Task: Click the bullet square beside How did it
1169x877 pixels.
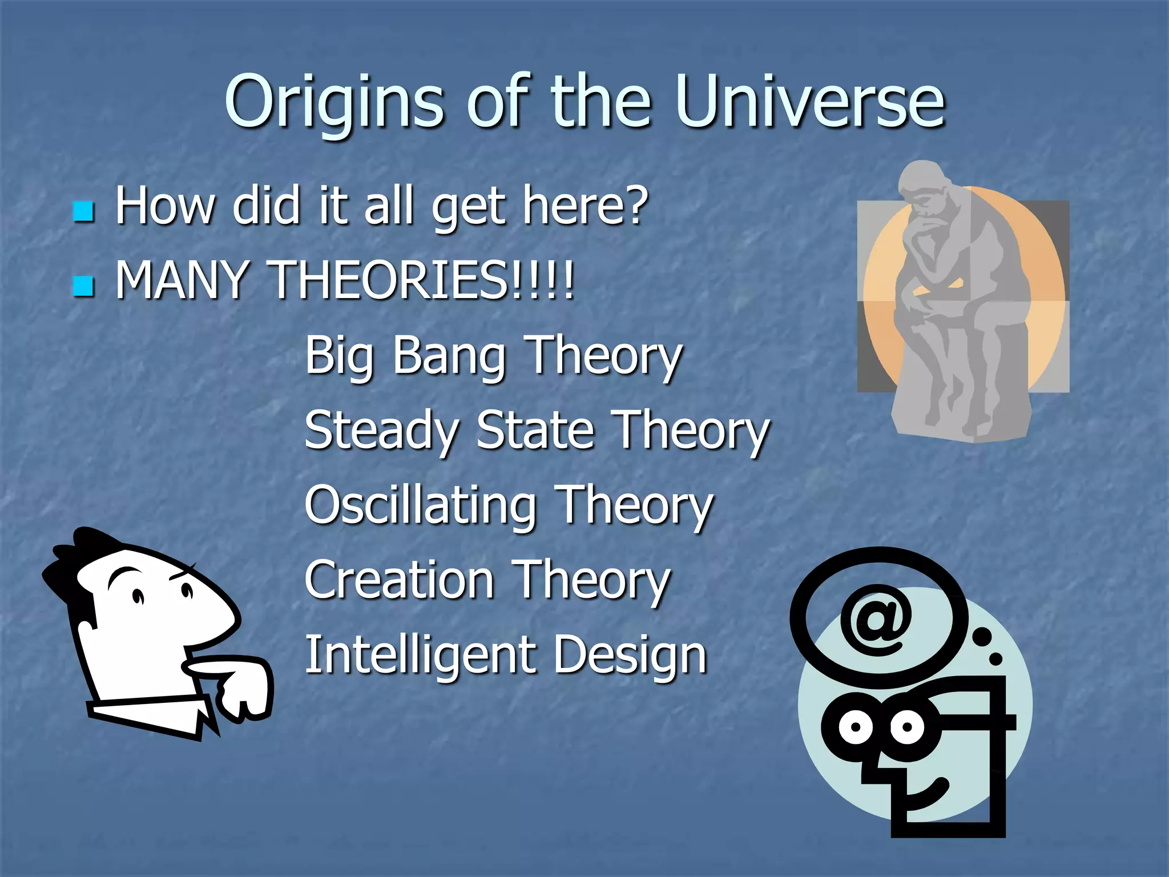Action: coord(83,211)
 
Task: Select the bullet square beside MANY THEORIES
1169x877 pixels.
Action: coord(83,285)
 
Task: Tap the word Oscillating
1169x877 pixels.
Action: coord(421,505)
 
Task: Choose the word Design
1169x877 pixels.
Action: coord(631,655)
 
